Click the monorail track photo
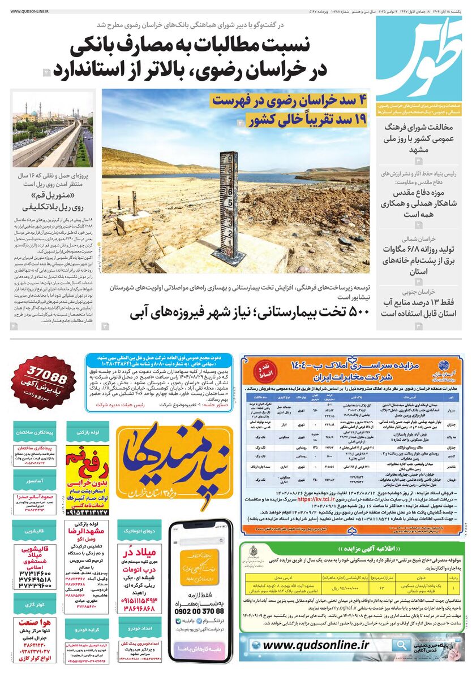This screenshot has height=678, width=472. pyautogui.click(x=53, y=131)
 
